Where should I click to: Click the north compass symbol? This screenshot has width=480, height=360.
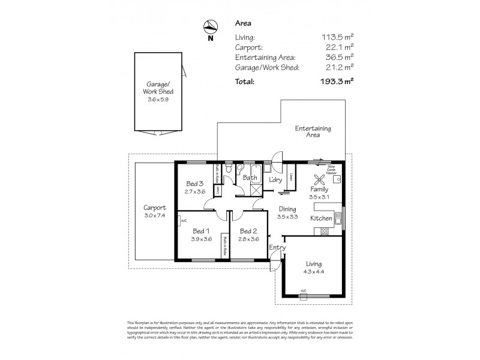[209, 27]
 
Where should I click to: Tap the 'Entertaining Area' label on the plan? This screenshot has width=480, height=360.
[313, 132]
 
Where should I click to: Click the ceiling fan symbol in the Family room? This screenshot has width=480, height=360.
[319, 178]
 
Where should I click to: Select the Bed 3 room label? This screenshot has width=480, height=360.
[196, 184]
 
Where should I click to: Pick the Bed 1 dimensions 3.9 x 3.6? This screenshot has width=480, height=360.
[200, 239]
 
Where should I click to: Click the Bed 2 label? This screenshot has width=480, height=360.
[248, 231]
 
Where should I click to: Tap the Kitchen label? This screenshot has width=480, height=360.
[322, 218]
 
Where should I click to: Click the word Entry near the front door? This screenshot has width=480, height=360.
[278, 247]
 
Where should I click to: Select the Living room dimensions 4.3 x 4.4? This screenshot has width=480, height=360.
[313, 272]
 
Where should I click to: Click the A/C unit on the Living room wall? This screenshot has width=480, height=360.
[303, 292]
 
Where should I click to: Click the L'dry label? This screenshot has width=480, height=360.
[275, 180]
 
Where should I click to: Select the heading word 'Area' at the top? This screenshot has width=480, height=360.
[242, 24]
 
